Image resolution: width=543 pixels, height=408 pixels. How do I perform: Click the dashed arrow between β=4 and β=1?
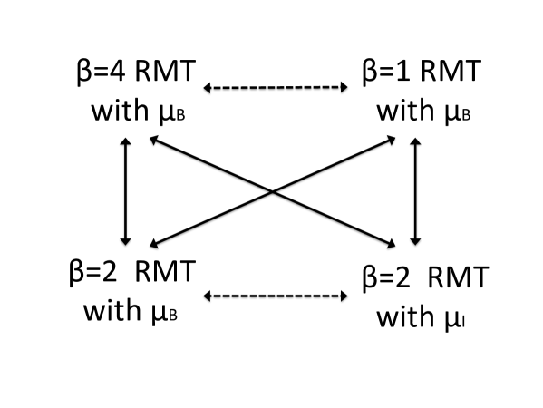coord(276,88)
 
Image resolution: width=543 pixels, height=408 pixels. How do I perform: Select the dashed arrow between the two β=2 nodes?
coord(276,296)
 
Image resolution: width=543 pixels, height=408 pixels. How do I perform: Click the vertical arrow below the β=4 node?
coord(126,192)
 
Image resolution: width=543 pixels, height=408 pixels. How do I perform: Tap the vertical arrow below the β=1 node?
coord(414,192)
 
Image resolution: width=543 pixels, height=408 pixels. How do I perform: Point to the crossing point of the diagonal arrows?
coord(274,191)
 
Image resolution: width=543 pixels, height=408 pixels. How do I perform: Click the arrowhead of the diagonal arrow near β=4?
coord(153,140)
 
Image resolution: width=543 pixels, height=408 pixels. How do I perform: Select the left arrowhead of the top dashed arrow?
coord(208,88)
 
